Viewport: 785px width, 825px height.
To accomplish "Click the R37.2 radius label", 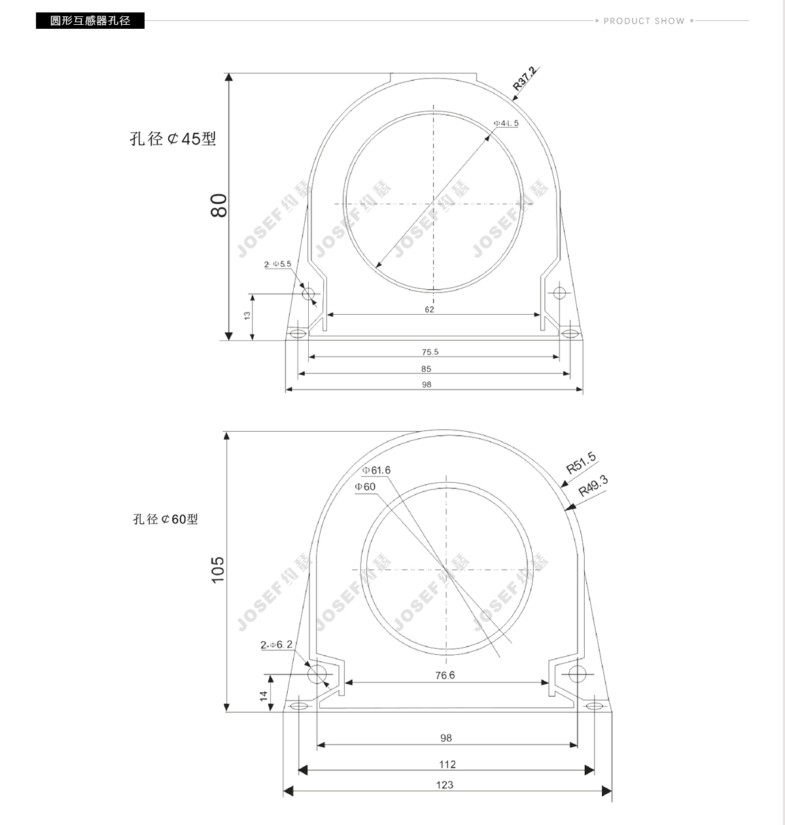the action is pos(525,79).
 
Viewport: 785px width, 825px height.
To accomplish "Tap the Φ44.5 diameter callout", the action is pos(506,123).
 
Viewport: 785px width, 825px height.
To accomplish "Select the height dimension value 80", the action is pos(218,205).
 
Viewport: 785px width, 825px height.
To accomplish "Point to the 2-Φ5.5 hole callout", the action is pos(277,264).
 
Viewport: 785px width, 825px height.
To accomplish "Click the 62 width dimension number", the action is pos(429,309).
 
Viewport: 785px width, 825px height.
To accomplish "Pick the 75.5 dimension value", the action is pos(430,351).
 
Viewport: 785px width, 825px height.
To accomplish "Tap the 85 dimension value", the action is pos(427,369).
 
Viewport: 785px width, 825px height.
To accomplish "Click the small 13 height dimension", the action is pos(247,315).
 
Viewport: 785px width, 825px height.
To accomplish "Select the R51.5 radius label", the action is pos(581,463).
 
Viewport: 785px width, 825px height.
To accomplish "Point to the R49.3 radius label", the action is pos(593,486).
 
